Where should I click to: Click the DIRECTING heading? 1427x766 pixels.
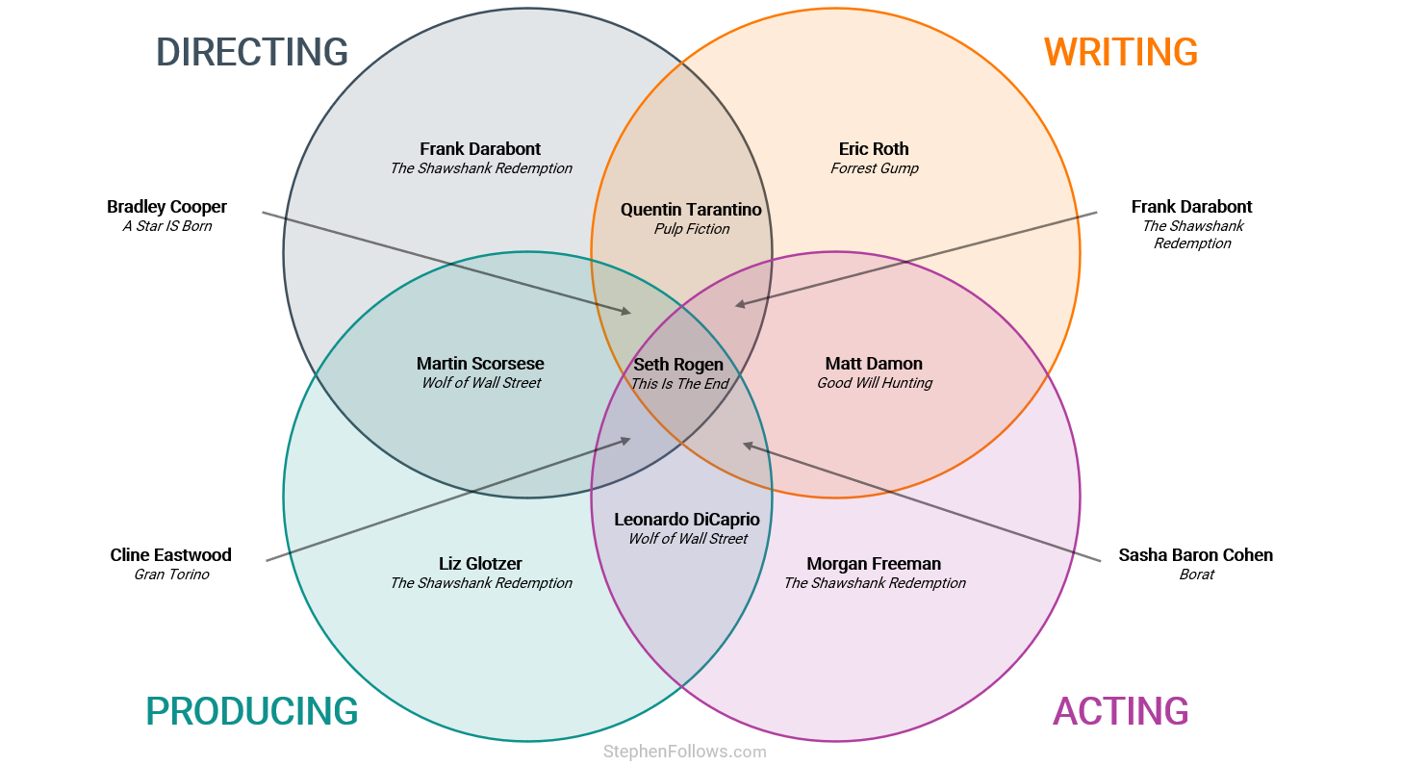(252, 52)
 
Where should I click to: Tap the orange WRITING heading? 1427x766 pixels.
(1121, 52)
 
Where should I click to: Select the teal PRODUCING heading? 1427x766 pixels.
(252, 711)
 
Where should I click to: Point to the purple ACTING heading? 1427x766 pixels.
(1121, 711)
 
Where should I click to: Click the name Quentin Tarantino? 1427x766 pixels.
(691, 210)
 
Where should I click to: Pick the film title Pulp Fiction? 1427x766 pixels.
(691, 229)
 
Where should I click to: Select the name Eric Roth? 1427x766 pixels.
(874, 149)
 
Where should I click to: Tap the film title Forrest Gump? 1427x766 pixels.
(874, 168)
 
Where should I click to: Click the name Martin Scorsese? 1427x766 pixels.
(480, 364)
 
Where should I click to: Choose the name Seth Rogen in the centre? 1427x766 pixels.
(678, 365)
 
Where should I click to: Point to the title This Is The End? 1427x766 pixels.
(679, 384)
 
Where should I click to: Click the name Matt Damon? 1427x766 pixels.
(874, 364)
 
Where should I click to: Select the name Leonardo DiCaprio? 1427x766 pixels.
(687, 520)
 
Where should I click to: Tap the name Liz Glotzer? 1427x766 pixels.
(480, 564)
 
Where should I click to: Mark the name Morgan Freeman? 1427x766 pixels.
(874, 564)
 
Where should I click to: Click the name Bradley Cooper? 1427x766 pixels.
(166, 207)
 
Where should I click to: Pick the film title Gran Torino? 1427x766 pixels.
(171, 574)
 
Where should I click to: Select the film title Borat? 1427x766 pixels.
(1196, 574)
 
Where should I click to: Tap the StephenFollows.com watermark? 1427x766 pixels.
(684, 752)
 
